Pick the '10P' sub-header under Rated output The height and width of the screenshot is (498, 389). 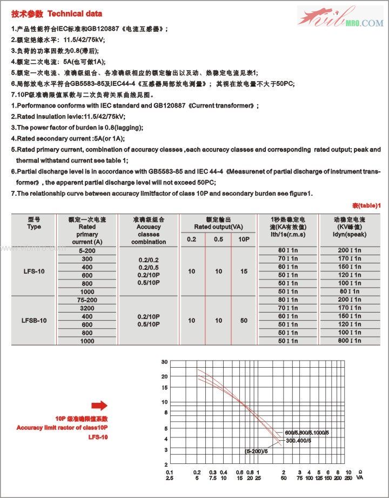click(245, 239)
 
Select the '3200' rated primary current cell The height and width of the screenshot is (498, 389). click(86, 308)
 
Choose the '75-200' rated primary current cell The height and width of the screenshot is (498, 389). click(86, 300)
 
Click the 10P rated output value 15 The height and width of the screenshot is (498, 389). click(245, 271)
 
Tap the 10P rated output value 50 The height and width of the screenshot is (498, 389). click(245, 321)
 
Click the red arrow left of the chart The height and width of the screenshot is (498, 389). click(99, 406)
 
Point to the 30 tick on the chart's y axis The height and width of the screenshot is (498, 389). click(164, 362)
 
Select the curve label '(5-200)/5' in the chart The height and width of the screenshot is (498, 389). click(256, 450)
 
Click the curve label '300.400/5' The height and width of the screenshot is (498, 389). click(300, 441)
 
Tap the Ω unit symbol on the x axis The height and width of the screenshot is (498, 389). click(359, 472)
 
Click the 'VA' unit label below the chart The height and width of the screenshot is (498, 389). click(359, 478)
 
